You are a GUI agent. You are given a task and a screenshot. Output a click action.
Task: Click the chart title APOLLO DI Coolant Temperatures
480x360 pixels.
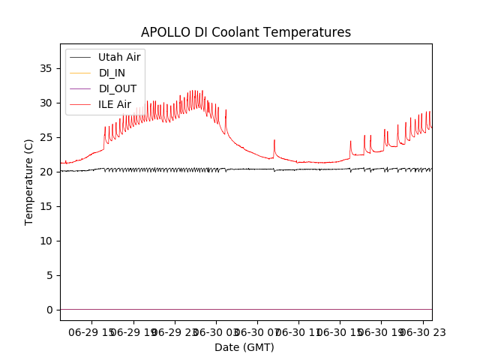(x=246, y=32)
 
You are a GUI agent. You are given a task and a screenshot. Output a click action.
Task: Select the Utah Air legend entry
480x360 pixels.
(x=119, y=57)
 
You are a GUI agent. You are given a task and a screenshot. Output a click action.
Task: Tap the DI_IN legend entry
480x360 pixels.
(x=113, y=73)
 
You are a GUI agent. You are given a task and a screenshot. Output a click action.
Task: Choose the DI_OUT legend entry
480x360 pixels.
(x=118, y=88)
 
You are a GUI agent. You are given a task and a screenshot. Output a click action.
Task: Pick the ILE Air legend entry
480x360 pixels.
(x=115, y=104)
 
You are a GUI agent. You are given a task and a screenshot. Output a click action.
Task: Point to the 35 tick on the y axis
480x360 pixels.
(x=46, y=68)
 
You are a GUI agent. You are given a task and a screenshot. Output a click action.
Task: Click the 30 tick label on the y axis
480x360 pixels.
(x=46, y=103)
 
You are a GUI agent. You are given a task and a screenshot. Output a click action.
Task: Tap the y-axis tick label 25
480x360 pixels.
(x=46, y=137)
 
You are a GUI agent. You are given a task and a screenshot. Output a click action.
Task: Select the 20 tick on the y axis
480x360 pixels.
(x=46, y=172)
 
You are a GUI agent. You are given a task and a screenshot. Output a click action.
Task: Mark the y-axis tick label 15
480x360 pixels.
(x=46, y=206)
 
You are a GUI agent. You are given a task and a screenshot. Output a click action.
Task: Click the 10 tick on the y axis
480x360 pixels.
(x=46, y=241)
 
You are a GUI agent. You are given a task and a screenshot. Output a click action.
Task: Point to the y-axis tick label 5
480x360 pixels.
(x=49, y=275)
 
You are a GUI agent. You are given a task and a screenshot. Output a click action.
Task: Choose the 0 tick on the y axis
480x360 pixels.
(x=49, y=310)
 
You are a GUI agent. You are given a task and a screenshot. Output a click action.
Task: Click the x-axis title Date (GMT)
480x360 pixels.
(x=244, y=347)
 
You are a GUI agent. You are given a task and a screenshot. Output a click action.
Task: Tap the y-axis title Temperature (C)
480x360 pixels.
(x=29, y=181)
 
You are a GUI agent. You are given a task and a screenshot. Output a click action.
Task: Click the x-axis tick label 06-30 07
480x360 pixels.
(x=256, y=331)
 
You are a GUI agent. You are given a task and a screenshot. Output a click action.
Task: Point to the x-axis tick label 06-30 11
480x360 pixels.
(x=298, y=331)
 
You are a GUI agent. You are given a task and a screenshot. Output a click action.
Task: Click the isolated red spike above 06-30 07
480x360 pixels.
(x=274, y=141)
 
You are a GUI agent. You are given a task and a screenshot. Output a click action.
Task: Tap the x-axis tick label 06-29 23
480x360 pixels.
(x=174, y=331)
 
